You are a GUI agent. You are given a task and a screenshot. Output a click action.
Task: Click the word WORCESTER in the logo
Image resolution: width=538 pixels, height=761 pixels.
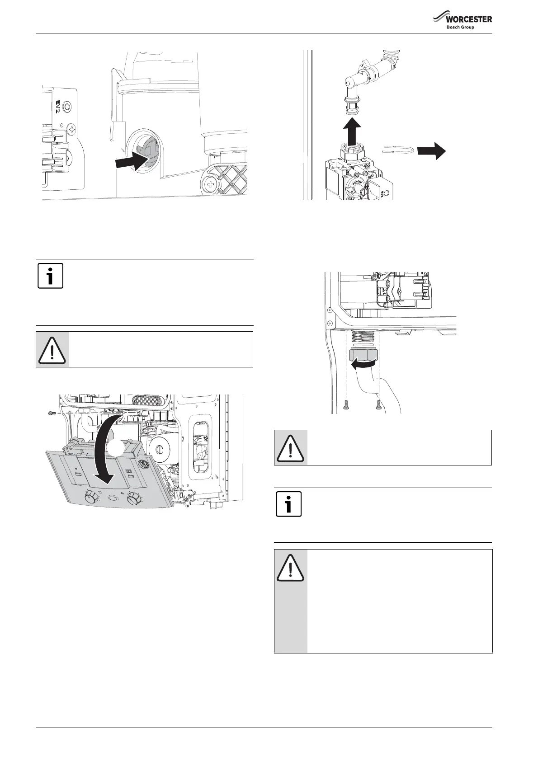click(469, 19)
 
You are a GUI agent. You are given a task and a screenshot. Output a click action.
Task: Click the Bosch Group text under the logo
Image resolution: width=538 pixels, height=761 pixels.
click(460, 27)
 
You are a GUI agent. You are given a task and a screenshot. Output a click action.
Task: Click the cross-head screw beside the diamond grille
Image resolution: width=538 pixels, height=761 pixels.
click(211, 184)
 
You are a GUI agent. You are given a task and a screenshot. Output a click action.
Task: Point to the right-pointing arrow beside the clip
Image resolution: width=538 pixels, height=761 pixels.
click(431, 150)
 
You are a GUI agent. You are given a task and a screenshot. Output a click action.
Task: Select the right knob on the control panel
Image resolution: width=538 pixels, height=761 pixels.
click(134, 499)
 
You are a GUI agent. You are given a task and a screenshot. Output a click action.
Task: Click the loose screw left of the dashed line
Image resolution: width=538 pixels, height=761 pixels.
click(51, 413)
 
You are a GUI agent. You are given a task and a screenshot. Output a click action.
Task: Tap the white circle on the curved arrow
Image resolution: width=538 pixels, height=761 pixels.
click(117, 449)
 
